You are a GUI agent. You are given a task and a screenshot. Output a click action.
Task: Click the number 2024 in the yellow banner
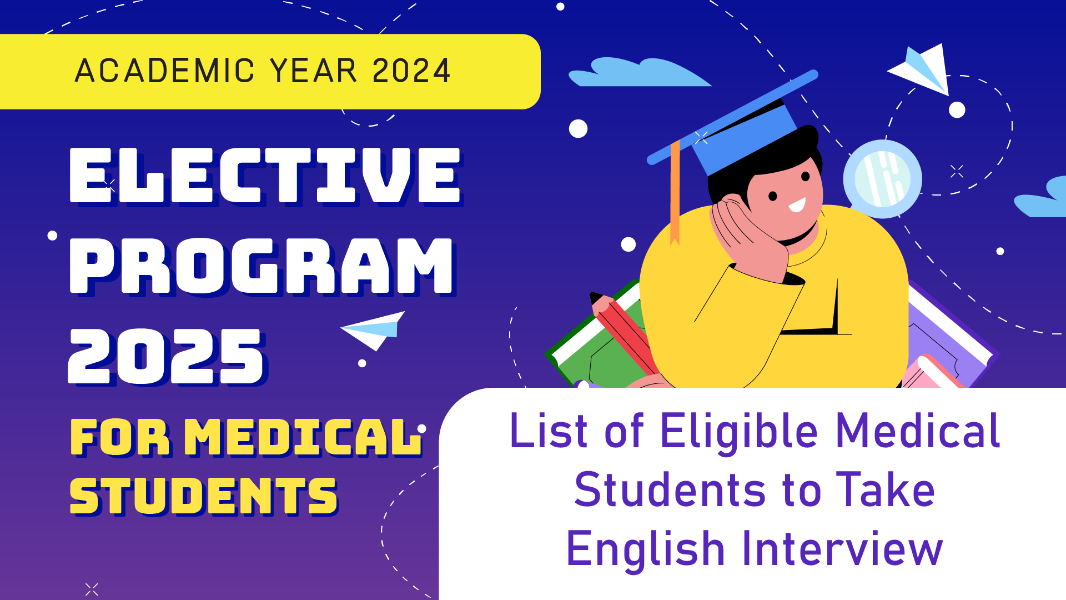coord(411,71)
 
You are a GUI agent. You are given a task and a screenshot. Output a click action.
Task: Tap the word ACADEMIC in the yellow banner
coord(165,71)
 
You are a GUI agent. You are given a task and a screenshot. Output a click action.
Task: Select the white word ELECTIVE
coord(265,176)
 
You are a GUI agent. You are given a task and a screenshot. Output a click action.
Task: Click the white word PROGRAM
coord(262,266)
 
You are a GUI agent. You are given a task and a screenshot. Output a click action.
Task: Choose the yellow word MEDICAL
coord(302,437)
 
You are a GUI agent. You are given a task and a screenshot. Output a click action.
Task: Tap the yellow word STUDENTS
coord(203,496)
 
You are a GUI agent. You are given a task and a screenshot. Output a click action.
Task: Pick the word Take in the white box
coord(886,489)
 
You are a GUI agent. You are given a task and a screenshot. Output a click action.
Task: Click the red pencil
coord(625,333)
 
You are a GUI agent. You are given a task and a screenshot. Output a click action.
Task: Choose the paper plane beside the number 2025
coord(374,330)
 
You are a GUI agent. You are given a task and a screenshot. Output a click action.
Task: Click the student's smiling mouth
coord(797,205)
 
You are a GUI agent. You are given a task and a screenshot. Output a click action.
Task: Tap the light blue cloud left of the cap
coord(638,72)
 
